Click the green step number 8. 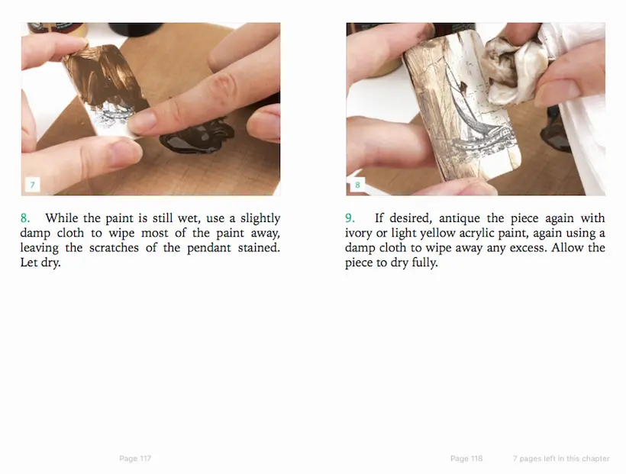coord(24,218)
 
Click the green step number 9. coord(350,218)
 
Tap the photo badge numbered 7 coord(32,185)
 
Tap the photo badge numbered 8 coord(357,185)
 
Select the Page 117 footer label coord(135,459)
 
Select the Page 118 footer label coord(466,459)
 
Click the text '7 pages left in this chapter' coord(561,459)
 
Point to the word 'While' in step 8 coord(62,218)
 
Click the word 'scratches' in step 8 coord(114,247)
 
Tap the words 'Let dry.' coord(40,263)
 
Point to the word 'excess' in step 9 coord(528,248)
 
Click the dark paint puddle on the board coord(196,136)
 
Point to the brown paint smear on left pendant coord(105,76)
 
